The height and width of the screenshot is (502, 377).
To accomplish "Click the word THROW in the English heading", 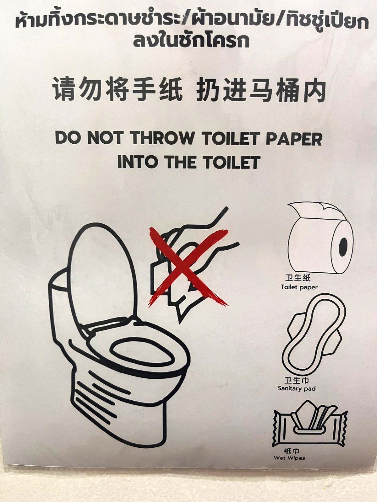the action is [x=162, y=138].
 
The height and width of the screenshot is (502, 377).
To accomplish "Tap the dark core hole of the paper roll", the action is [x=343, y=247].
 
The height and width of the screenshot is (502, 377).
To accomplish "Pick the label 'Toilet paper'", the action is [x=299, y=287].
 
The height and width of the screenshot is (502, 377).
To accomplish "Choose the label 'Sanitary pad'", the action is [x=297, y=388].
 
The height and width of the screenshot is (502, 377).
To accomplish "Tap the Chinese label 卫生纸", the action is [x=298, y=278].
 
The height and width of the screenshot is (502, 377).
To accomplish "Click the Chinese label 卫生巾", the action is [x=297, y=380].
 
